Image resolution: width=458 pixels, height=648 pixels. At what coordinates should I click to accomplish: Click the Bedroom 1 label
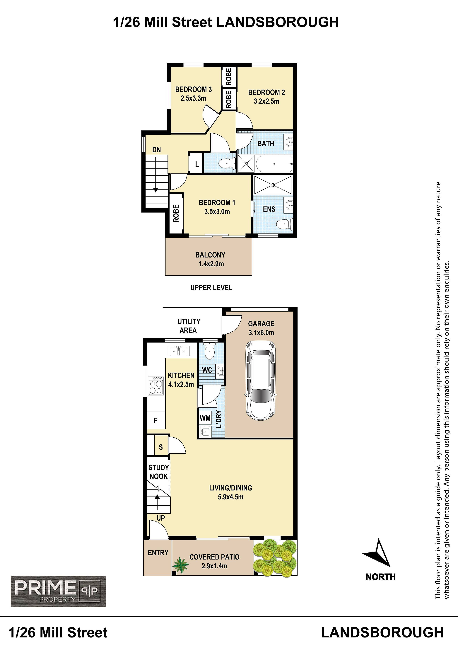[217, 203]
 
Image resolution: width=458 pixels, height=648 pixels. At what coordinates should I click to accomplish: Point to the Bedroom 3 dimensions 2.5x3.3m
[193, 98]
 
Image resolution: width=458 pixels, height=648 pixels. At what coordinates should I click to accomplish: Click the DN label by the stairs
[156, 150]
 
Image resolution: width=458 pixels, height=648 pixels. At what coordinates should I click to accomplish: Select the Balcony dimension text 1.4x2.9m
[211, 264]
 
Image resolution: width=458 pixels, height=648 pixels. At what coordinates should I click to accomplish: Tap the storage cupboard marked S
[160, 447]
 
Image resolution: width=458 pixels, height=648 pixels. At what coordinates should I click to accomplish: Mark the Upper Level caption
[211, 288]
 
